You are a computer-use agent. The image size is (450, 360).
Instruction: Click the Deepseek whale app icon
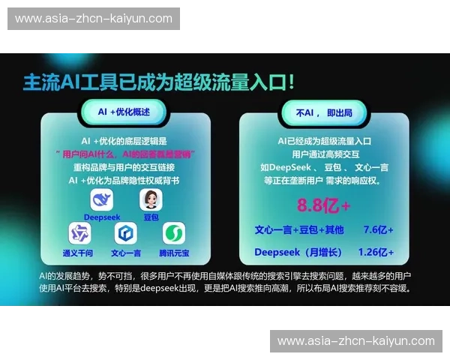101,200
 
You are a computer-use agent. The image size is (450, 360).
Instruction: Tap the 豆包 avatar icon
150,200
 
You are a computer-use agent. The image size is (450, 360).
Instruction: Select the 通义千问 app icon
78,233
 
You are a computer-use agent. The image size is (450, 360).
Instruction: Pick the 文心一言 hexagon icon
125,233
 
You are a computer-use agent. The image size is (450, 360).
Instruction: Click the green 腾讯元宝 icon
174,233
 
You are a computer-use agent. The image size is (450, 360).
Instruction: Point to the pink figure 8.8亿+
324,205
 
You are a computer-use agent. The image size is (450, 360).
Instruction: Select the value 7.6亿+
379,229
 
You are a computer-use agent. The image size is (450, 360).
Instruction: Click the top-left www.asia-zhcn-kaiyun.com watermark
92,19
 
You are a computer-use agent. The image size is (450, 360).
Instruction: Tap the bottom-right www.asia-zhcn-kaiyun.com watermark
356,341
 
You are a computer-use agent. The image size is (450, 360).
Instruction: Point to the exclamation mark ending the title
289,81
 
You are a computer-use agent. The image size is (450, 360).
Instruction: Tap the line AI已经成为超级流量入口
325,140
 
